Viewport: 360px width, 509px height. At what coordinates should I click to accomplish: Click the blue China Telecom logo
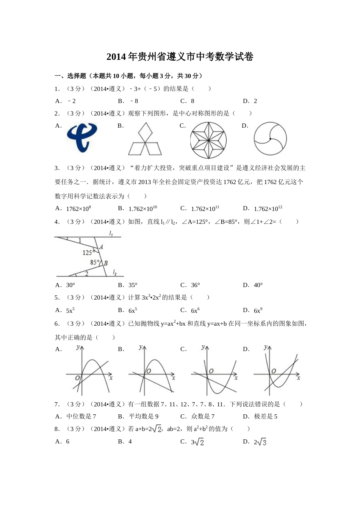coord(82,138)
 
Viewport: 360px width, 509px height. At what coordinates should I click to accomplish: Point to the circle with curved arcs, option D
coord(270,139)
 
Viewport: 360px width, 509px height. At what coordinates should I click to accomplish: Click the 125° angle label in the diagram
coord(88,253)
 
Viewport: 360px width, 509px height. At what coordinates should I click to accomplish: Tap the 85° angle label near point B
coord(95,262)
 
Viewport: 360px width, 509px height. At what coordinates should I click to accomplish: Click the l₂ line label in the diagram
coord(114,272)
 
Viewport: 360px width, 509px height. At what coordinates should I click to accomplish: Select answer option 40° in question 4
coord(258,285)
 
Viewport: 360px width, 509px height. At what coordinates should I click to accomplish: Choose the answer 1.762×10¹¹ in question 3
coord(205,209)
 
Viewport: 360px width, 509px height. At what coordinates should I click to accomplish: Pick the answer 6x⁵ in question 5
coord(133,311)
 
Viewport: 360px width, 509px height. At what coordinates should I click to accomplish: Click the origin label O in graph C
coord(211,371)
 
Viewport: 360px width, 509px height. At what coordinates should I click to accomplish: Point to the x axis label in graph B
coord(173,378)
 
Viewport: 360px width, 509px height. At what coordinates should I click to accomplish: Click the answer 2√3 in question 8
coord(260,442)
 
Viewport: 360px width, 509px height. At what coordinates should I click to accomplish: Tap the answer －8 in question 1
coord(134,101)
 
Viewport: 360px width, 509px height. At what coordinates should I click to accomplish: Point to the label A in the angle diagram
coord(101,247)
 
